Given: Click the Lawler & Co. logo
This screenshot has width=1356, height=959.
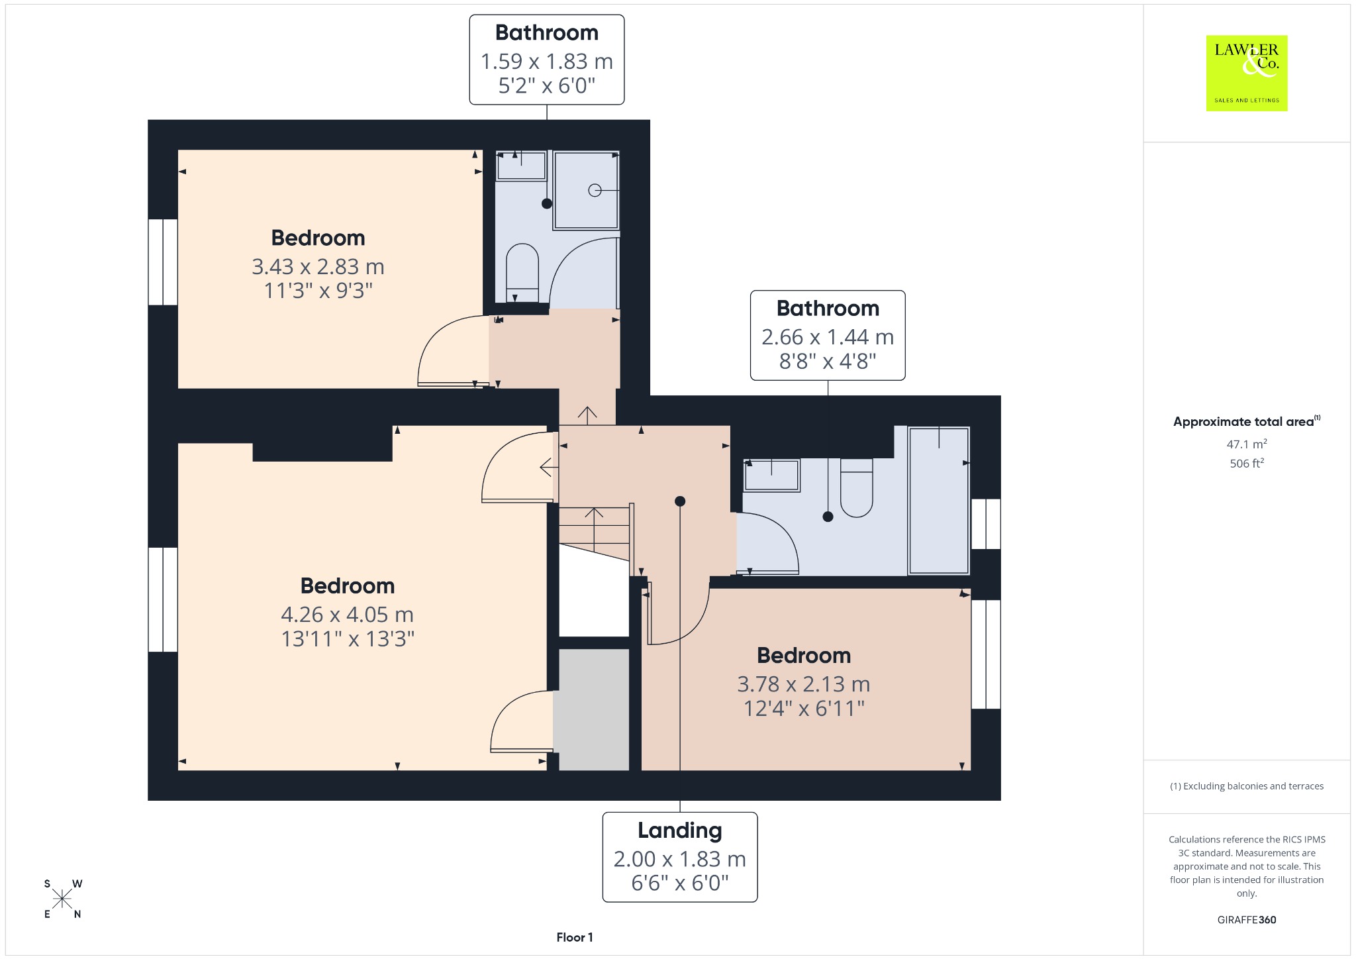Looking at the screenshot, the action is coord(1246,73).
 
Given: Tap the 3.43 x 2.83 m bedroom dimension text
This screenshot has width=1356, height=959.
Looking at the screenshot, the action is coord(318,266).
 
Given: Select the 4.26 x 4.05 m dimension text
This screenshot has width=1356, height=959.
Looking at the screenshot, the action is coord(347,614).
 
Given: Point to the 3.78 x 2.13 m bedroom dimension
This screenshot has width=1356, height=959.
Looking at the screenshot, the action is coord(804,683).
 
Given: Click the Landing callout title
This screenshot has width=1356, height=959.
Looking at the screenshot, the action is coord(680,830).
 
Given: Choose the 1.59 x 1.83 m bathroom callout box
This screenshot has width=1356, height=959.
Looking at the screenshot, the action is coord(547,60).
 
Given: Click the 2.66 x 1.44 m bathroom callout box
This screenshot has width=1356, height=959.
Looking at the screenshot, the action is coord(828,335).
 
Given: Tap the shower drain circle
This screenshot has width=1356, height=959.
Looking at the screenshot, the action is coord(595,191).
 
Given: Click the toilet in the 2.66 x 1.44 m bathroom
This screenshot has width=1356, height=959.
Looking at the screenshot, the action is coord(857,487).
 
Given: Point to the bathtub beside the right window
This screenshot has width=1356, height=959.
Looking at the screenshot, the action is coord(939,500).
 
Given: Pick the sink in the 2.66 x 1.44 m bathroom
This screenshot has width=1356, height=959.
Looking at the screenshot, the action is coord(772,475).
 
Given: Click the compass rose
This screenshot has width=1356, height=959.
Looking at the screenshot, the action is coord(62,899).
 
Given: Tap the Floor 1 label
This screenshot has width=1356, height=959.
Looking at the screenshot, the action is coord(575,937).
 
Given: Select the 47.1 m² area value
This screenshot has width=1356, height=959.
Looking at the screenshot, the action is coord(1247,444).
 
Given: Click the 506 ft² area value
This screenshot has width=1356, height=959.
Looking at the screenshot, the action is coord(1247,463).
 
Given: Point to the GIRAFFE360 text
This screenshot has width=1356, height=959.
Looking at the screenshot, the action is coord(1247,919).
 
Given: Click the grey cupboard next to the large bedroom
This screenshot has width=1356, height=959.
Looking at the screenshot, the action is coord(591,709).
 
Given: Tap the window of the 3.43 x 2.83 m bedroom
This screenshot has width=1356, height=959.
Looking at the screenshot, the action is coord(163,262).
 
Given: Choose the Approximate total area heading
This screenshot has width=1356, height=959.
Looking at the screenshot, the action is coord(1247,421).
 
